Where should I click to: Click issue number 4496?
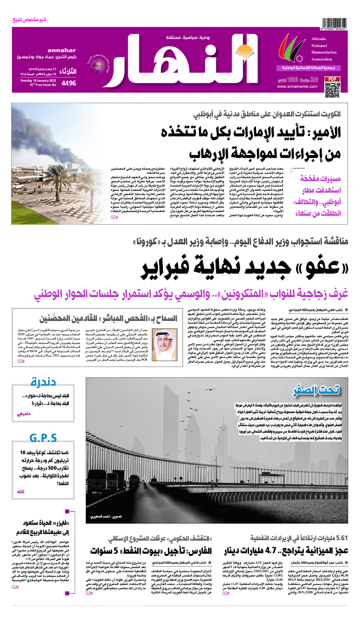(69, 83)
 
